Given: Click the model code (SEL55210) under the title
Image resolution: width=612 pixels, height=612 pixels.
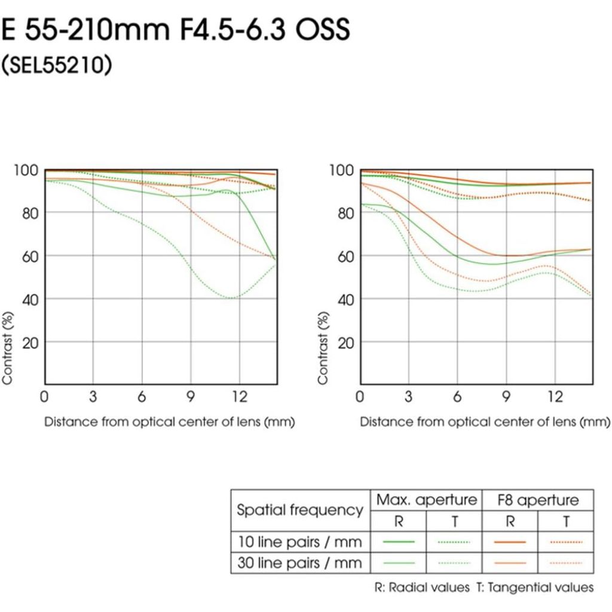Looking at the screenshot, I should (x=56, y=66).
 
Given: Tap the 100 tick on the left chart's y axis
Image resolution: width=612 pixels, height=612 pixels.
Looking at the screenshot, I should (x=26, y=170).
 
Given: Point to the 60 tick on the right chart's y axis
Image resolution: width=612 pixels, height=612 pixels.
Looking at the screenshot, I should (x=342, y=256).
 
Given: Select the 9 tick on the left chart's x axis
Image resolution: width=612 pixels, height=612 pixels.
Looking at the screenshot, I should (x=191, y=396).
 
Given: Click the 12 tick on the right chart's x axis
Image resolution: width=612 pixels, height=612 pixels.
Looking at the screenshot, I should (x=555, y=396).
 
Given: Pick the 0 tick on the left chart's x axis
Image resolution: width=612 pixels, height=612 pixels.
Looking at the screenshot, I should (x=44, y=396).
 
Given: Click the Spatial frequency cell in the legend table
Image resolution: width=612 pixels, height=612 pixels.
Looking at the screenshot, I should (x=300, y=510).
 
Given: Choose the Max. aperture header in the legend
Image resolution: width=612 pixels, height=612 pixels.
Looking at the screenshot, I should (x=426, y=500).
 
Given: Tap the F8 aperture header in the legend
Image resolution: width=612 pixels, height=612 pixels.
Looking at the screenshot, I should (x=538, y=500).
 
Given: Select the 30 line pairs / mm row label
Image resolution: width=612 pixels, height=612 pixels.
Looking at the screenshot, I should (x=299, y=562).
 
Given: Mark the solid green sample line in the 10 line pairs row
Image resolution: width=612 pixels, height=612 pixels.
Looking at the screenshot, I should (x=399, y=541).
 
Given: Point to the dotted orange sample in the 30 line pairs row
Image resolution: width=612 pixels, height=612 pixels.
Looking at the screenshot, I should (x=565, y=562).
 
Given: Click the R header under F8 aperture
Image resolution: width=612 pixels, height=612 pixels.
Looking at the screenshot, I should (x=510, y=521).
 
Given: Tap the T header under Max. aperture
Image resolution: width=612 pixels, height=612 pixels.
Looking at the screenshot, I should (x=454, y=521).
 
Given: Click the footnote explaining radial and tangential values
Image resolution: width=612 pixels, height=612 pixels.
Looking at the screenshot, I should (x=484, y=587).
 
